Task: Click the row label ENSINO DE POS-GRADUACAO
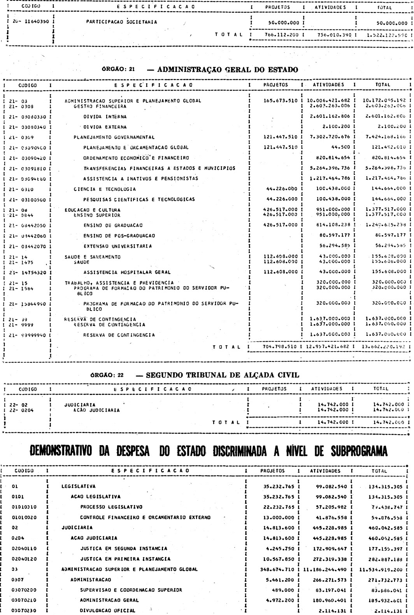[119, 236]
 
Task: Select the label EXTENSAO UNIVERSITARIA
[117, 246]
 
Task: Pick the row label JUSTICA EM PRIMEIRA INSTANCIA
[125, 559]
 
